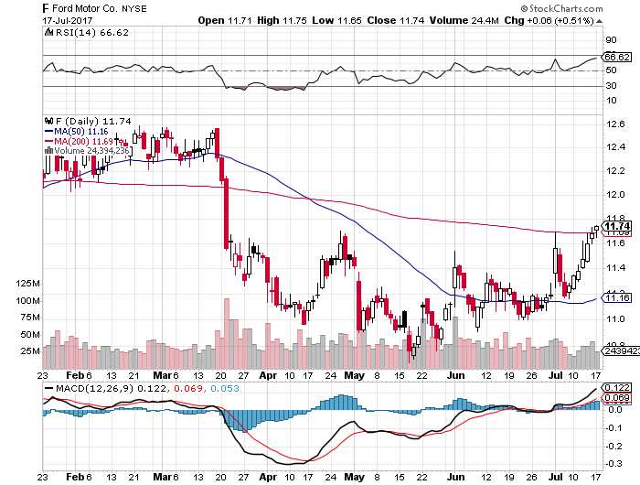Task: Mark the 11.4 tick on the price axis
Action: (615, 267)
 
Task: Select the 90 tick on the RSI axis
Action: (611, 40)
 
